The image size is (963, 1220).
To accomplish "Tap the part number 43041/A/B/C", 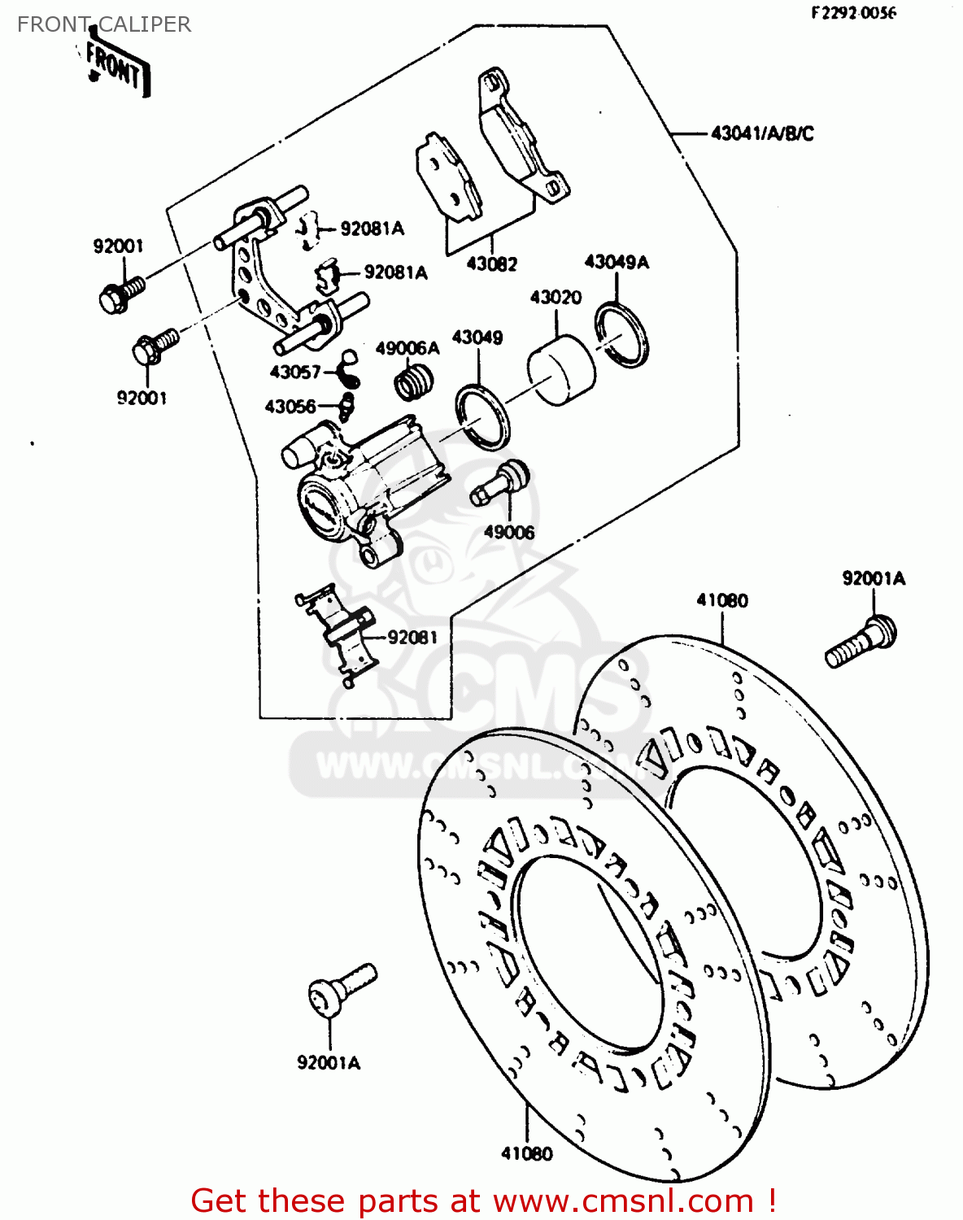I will [761, 133].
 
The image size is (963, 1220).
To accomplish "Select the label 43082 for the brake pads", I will [491, 264].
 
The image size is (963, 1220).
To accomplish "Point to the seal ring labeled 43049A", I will [622, 334].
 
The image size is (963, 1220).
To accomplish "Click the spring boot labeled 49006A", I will [414, 381].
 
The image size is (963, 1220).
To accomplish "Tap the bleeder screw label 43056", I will [290, 406].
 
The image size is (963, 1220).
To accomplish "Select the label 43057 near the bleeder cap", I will [294, 372].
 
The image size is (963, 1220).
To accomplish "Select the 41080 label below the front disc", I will [526, 1153].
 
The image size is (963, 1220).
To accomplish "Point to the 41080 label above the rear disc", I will [721, 600].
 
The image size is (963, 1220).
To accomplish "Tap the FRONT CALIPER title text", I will [104, 24].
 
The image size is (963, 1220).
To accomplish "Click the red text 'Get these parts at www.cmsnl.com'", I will [483, 1200].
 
